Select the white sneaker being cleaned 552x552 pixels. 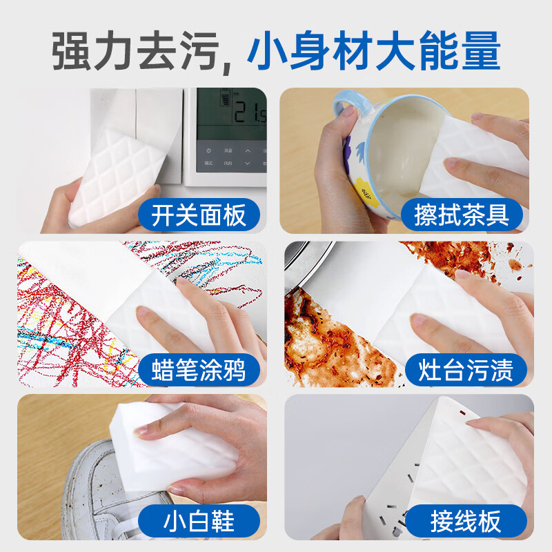point(117,486)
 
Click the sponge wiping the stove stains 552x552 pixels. point(442,304)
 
